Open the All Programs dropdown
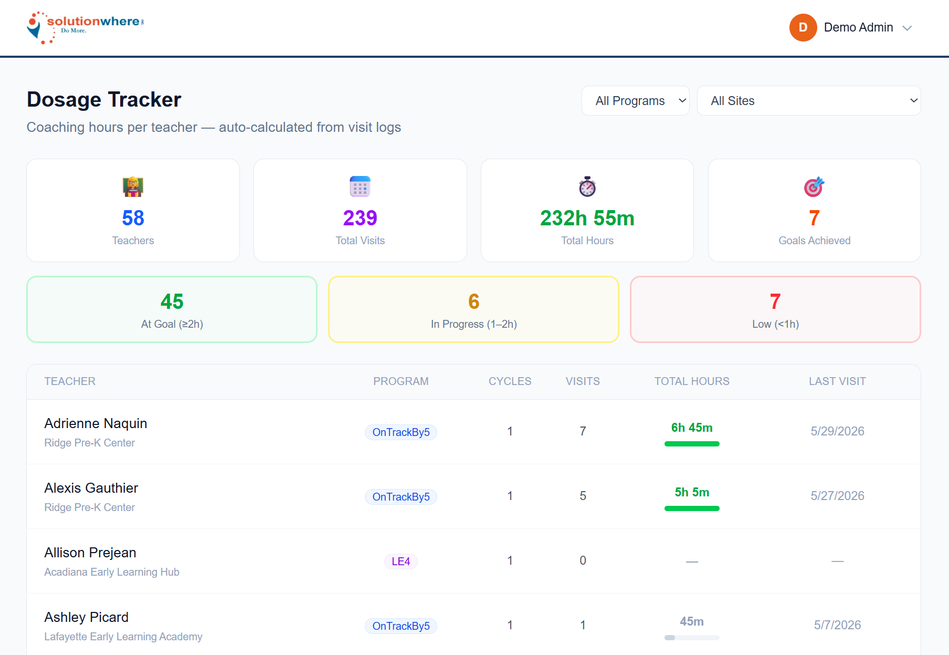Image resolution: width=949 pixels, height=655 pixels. point(635,101)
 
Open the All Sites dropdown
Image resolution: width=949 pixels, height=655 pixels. point(809,101)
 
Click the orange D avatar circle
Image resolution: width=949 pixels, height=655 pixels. point(803,27)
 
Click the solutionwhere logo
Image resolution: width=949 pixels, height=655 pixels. point(86,27)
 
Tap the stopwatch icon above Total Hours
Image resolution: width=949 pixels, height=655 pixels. point(587,186)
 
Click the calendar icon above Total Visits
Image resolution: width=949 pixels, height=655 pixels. point(360,186)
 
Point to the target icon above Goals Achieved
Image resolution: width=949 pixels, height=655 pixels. point(814,186)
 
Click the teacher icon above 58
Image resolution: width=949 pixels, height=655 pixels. point(133,186)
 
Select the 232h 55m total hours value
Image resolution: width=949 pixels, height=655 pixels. point(587,218)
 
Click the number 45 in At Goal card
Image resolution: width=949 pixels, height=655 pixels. point(172,301)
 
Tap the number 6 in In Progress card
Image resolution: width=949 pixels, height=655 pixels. point(474,301)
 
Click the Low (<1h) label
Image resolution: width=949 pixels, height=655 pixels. point(776,324)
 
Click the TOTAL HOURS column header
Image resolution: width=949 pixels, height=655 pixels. point(692,381)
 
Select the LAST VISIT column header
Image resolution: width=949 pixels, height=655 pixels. point(837,381)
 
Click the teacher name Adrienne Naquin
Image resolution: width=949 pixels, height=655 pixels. point(96,423)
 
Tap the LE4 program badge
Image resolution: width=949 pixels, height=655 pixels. point(401,562)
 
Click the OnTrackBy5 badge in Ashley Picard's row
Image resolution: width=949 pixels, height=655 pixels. point(401,626)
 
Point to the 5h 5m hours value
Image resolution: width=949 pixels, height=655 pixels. point(692,492)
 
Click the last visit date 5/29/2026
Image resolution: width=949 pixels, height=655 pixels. point(837,431)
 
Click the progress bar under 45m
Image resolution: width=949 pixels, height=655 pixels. point(692,638)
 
